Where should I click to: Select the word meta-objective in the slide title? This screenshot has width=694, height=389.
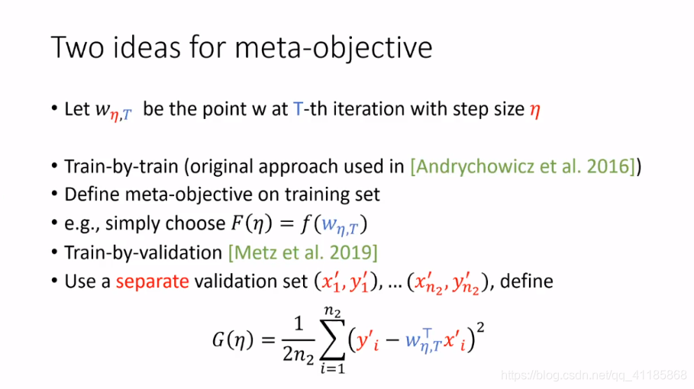tap(333, 49)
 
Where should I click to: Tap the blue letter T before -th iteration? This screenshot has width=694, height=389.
tap(298, 109)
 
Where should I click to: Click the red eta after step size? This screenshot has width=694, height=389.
tap(534, 110)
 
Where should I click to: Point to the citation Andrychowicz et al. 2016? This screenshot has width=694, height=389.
tap(523, 166)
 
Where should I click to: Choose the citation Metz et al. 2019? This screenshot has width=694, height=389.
tap(303, 252)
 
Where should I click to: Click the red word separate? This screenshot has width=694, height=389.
tap(152, 281)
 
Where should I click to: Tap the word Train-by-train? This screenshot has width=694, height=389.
tap(121, 166)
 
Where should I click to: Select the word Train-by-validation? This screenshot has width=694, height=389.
tap(143, 252)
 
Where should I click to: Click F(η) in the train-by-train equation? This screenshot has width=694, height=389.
tap(248, 223)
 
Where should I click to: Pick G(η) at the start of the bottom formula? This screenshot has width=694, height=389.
tap(233, 340)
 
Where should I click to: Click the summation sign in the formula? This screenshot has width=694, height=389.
tap(333, 339)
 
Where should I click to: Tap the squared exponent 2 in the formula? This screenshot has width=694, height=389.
tap(481, 327)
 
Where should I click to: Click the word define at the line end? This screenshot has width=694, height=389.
tap(527, 281)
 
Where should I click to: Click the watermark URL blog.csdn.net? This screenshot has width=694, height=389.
tap(594, 375)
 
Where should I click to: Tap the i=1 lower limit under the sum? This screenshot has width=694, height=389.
tap(333, 368)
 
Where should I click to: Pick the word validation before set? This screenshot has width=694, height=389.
tap(250, 281)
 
